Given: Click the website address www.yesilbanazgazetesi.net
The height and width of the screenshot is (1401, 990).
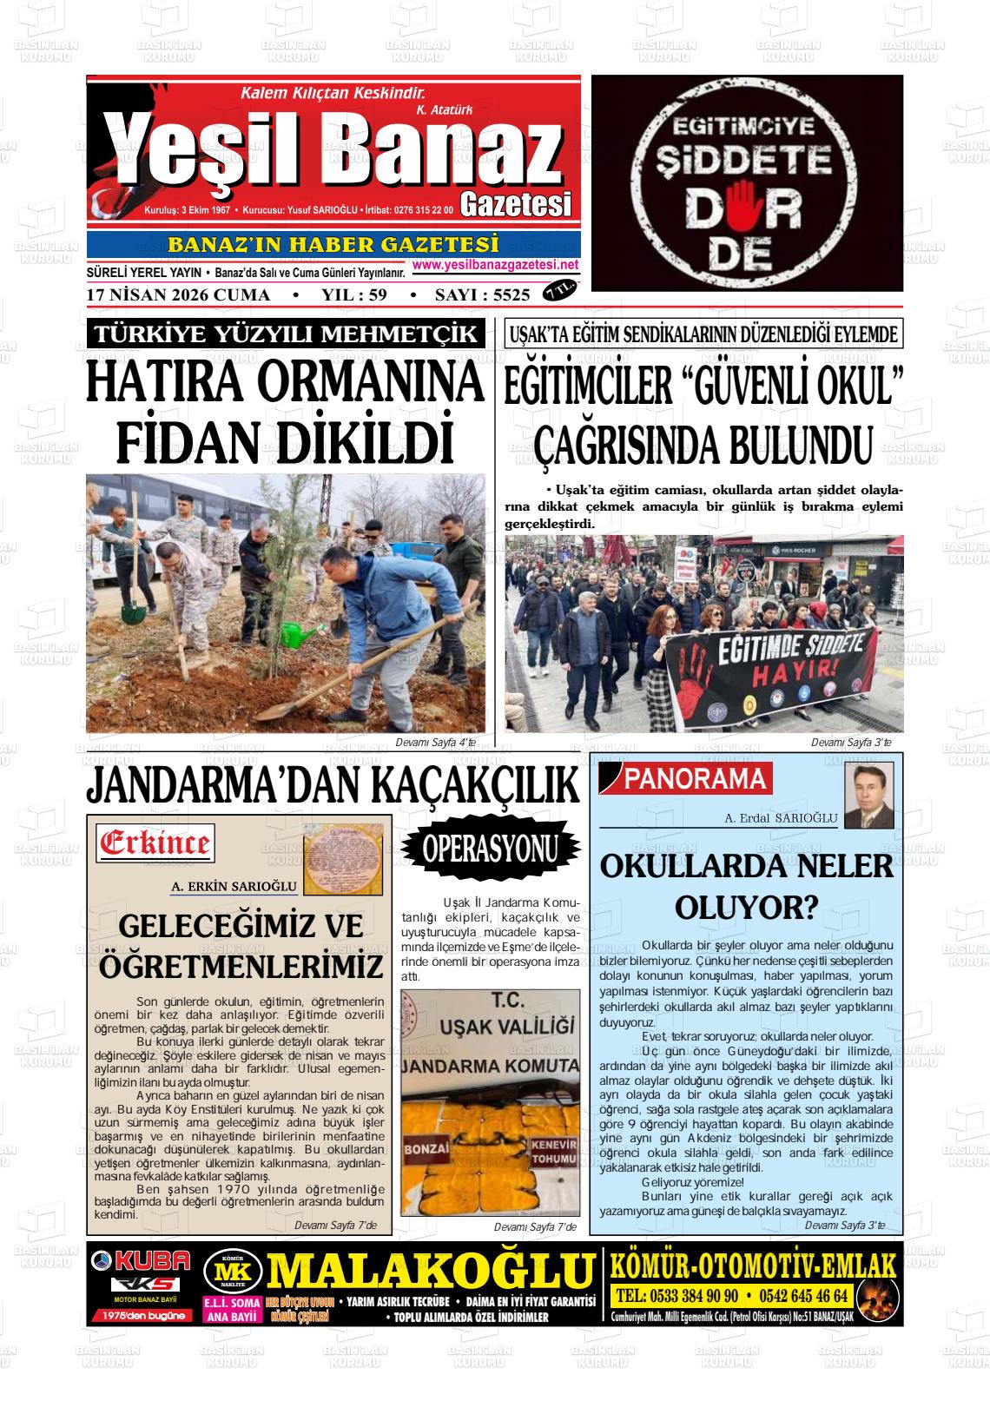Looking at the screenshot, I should (495, 265).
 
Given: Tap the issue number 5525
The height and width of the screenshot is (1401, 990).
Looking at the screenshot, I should (511, 295).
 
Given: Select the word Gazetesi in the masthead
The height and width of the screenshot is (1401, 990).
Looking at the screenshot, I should (516, 204).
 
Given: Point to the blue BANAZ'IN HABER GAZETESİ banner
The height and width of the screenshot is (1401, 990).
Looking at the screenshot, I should (333, 245).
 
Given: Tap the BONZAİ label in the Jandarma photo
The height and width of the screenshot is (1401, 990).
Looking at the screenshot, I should (426, 1147).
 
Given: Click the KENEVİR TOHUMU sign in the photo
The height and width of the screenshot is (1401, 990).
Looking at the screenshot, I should (554, 1152).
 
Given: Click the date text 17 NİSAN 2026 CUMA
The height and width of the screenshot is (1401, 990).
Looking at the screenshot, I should (178, 295).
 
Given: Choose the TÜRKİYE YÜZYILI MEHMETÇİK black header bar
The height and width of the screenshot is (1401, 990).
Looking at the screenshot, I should (286, 334).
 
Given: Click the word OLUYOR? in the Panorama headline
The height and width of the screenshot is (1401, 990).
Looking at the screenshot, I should (746, 908).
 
